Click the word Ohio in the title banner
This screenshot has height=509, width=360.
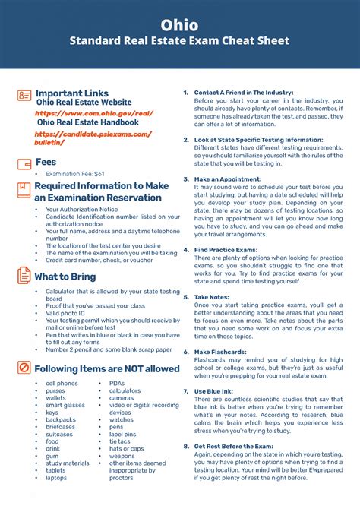coord(180,26)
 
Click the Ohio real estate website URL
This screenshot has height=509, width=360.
coord(94,112)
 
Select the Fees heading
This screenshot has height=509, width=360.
coord(46,162)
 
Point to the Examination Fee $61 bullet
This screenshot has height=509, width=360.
coord(75,174)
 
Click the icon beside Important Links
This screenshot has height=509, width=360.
coord(24,95)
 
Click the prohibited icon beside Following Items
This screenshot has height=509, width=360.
coord(24,368)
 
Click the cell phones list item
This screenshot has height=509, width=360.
coord(62,384)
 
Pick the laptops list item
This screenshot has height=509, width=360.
coord(56,478)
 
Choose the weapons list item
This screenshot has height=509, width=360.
coord(122,456)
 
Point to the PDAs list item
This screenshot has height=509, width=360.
coord(117,384)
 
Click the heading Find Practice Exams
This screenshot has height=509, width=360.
coord(227,250)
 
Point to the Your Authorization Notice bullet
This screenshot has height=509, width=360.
coord(82,209)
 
